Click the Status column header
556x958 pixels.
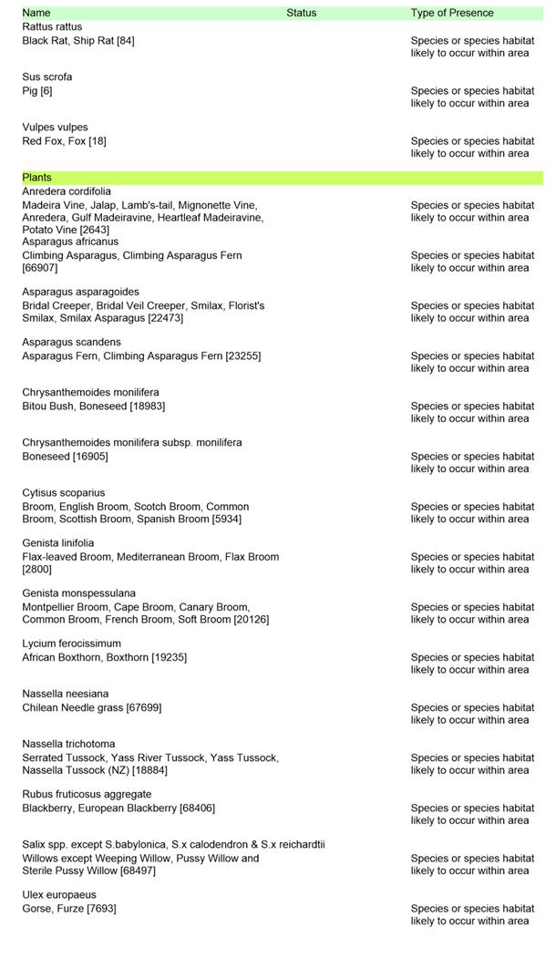point(301,13)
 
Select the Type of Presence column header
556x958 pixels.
point(452,13)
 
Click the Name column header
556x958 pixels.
point(36,13)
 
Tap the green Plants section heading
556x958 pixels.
point(37,178)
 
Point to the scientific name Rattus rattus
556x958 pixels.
point(52,27)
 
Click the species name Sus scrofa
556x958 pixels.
point(47,77)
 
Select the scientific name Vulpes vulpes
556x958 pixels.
point(56,128)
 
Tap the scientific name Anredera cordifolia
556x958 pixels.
point(67,192)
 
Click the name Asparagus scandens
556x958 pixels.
point(71,343)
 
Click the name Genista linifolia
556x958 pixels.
point(58,543)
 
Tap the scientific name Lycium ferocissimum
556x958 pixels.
point(71,644)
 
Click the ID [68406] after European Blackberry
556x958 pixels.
point(198,809)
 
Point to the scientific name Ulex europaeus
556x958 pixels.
point(59,895)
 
